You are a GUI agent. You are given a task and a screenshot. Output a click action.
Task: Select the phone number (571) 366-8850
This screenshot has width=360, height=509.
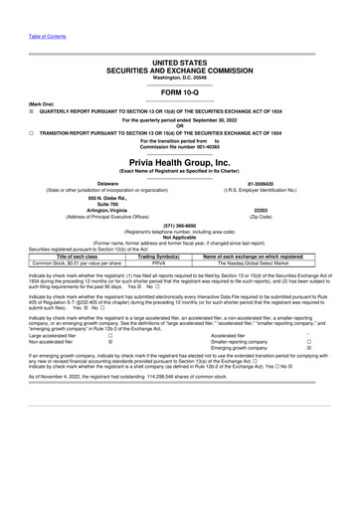pos(179,226)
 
